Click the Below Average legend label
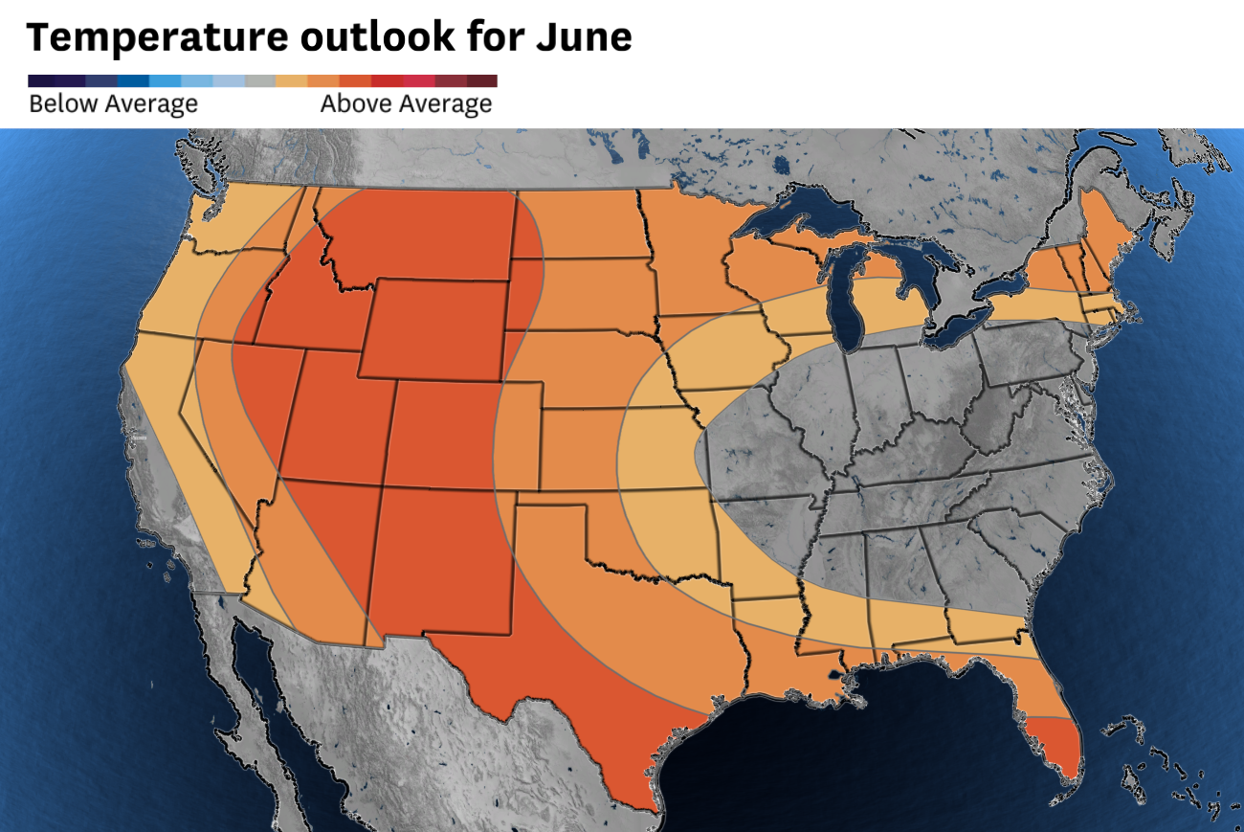[x=113, y=103]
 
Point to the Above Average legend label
[x=406, y=103]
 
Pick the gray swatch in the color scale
[x=260, y=81]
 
